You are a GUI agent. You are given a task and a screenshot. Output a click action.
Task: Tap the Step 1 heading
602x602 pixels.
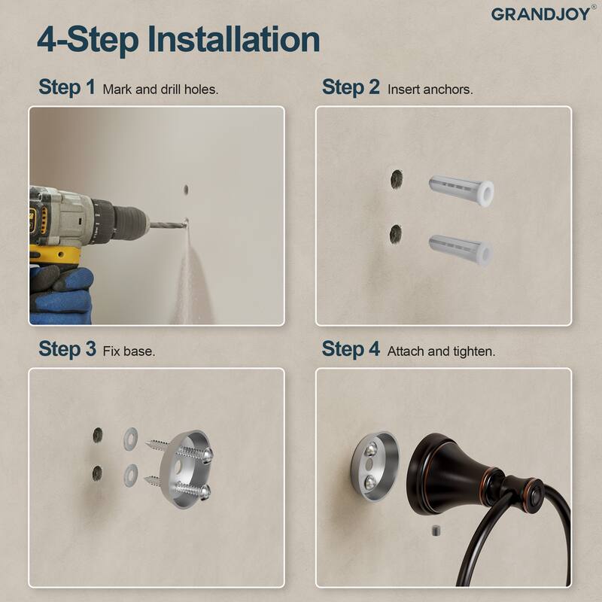point(67,87)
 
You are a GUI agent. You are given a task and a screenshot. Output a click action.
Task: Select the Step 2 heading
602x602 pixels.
point(351,87)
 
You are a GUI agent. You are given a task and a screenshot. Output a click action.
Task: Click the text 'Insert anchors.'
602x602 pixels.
point(430,89)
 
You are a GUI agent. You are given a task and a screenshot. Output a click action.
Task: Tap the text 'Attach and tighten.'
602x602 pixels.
point(441,351)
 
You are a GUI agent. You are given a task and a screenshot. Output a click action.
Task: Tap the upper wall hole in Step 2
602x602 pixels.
point(397,179)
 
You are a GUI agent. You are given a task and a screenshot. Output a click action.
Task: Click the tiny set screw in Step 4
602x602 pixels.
point(435,532)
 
